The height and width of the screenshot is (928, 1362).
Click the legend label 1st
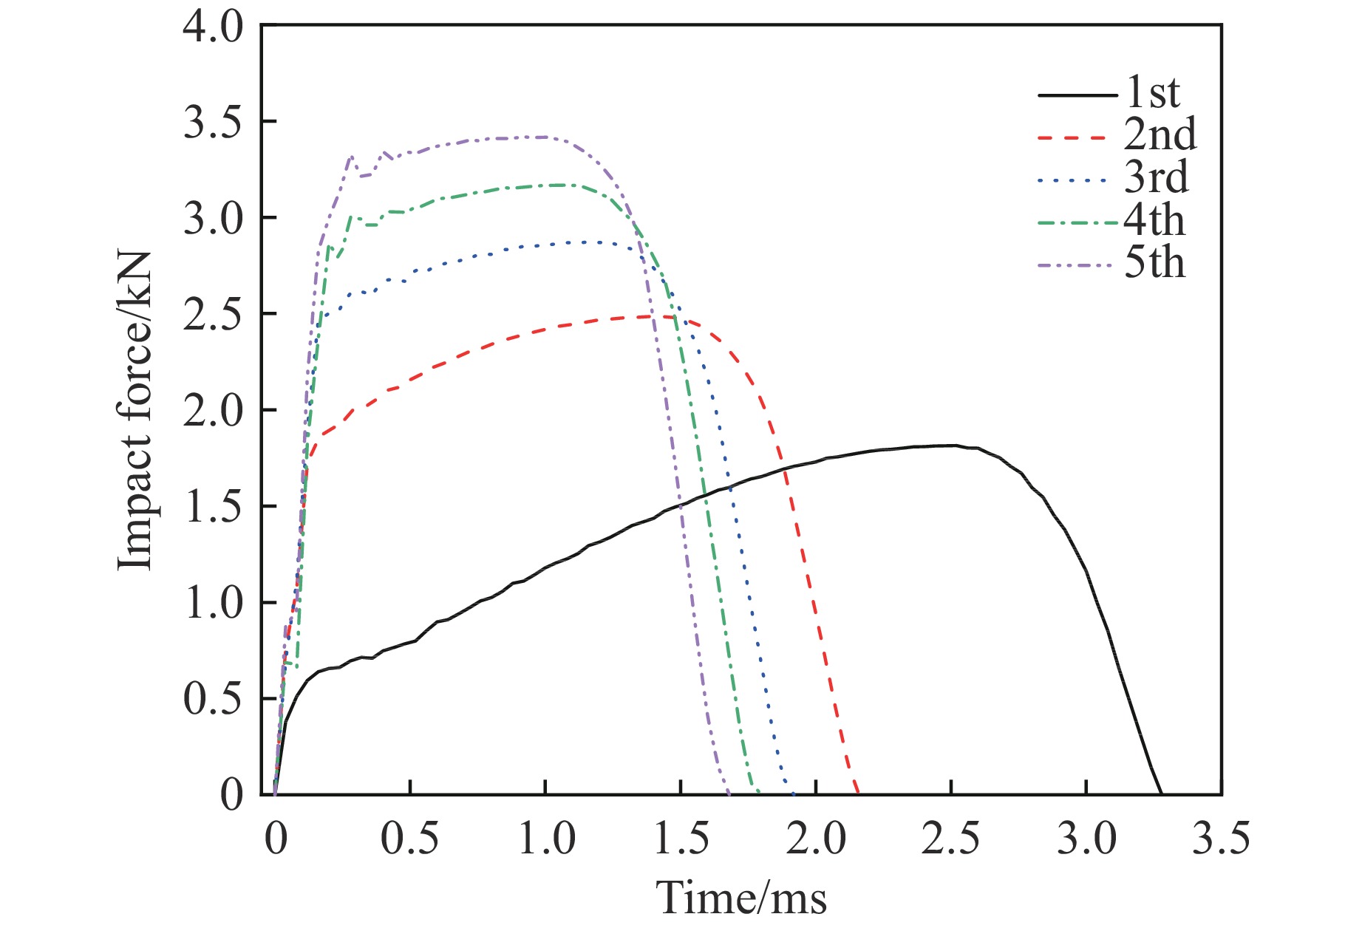click(x=1152, y=93)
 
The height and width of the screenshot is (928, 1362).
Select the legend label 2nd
click(x=1160, y=135)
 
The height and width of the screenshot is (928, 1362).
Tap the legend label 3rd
click(x=1157, y=177)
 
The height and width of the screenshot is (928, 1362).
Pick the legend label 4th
click(x=1154, y=220)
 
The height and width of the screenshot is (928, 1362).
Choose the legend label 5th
click(x=1154, y=263)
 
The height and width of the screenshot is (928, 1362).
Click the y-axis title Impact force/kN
click(x=135, y=411)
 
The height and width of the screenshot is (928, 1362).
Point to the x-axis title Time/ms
click(x=741, y=898)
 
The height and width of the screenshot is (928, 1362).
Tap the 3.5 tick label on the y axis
click(x=213, y=123)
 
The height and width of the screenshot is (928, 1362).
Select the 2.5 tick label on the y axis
click(x=213, y=315)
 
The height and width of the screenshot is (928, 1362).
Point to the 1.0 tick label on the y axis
click(x=213, y=603)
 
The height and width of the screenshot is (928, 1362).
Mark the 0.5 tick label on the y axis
click(x=213, y=699)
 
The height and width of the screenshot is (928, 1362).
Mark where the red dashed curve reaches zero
click(x=857, y=794)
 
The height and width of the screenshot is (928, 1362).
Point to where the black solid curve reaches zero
click(x=1161, y=794)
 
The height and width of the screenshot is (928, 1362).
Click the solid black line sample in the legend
click(x=1076, y=95)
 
